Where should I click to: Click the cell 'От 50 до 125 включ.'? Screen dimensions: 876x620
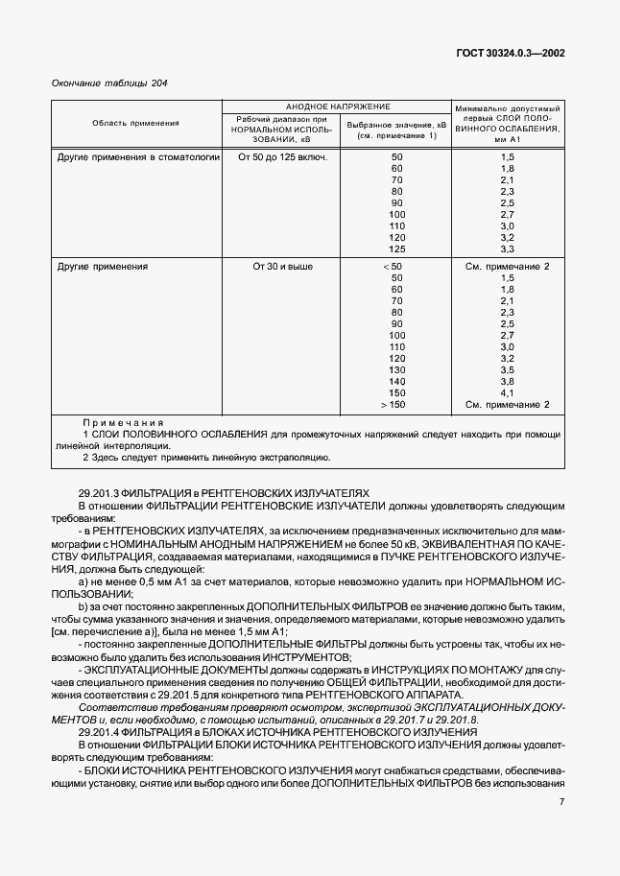click(x=282, y=156)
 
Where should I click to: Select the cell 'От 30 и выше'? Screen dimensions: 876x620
click(x=282, y=265)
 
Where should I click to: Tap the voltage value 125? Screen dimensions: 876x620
click(x=396, y=249)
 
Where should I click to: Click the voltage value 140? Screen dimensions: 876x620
click(x=396, y=381)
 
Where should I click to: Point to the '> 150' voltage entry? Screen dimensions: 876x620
click(x=393, y=404)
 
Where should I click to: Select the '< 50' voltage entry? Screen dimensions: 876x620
click(x=393, y=265)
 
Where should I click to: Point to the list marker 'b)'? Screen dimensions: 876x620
click(x=83, y=607)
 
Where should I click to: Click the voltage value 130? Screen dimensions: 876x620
click(x=396, y=369)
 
